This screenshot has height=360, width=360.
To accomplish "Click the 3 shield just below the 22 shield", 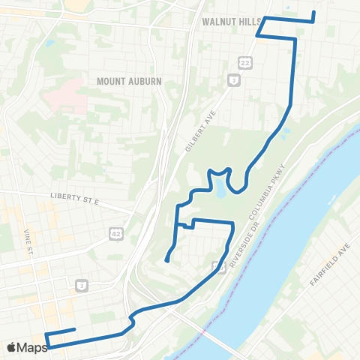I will [235, 79].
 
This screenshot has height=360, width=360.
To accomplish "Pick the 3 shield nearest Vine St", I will [80, 285].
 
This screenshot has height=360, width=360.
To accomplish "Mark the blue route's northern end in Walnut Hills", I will [313, 12].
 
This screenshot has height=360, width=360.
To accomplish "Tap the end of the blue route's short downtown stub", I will [74, 329].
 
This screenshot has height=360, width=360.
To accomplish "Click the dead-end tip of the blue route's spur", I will [166, 261].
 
